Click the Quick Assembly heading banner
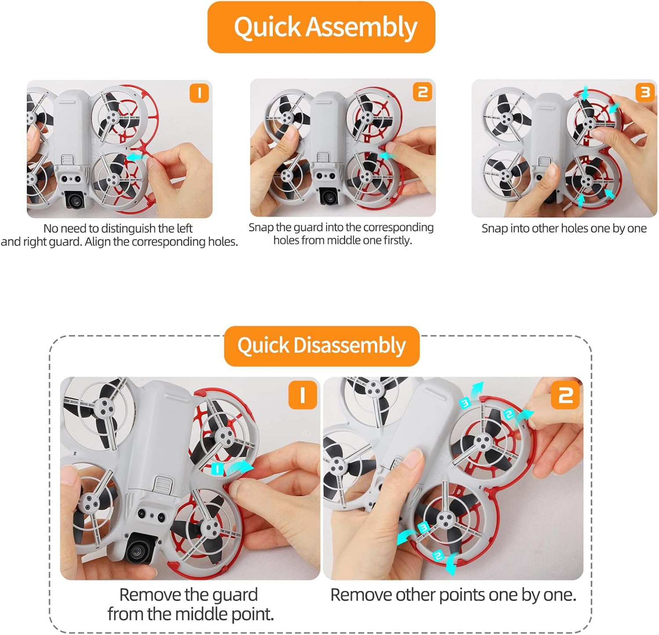321,27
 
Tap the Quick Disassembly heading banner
322,346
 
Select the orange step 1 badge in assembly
199,93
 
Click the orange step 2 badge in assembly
423,92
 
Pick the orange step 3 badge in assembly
645,92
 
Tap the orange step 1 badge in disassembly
303,395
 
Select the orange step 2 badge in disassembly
565,395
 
